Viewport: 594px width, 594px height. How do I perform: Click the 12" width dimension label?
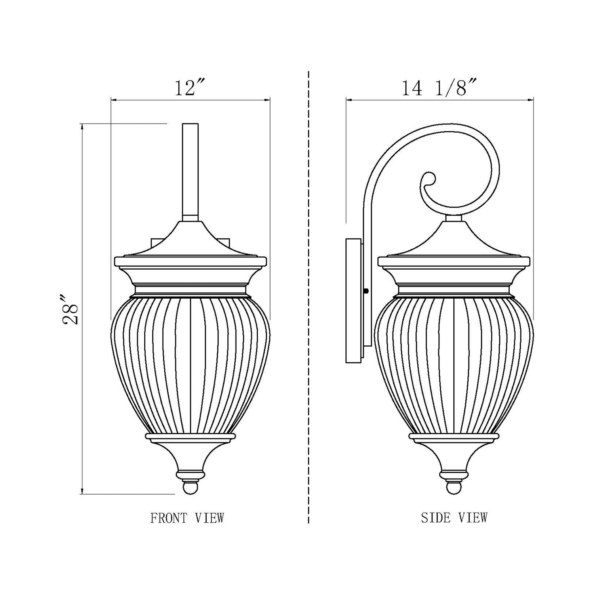190,88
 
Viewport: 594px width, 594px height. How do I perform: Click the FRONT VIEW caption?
187,518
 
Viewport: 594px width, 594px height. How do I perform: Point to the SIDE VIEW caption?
454,518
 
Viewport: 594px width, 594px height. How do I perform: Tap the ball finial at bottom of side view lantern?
454,487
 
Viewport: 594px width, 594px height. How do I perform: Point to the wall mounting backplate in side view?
353,301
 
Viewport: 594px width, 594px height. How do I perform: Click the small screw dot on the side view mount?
366,291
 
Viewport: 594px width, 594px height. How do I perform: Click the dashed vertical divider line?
308,297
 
